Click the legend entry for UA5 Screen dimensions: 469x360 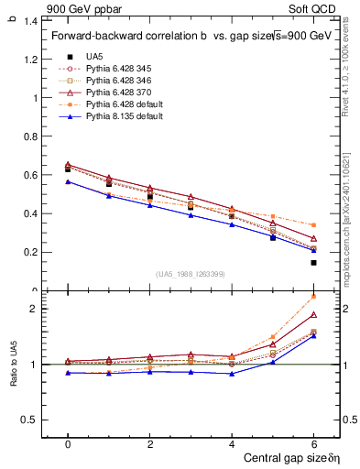click(94, 56)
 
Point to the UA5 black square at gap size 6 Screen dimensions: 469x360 click(313, 263)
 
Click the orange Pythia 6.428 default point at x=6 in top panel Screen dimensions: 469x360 click(313, 224)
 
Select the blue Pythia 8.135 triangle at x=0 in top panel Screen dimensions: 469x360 click(68, 181)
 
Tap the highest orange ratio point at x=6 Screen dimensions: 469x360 click(313, 296)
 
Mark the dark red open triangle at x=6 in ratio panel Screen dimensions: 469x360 click(313, 314)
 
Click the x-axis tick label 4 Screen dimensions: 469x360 click(232, 443)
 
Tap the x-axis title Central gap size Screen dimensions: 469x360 click(289, 457)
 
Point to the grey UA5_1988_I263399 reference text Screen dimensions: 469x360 click(191, 274)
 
